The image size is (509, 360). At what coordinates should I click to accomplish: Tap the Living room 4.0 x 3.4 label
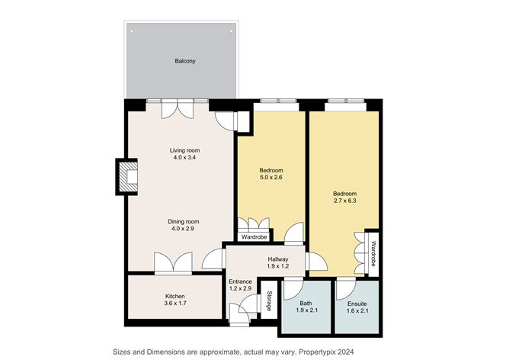(x=184, y=154)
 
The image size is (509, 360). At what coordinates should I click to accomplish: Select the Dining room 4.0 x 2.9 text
(x=184, y=225)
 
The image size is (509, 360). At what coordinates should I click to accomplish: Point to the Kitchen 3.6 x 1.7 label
(x=175, y=300)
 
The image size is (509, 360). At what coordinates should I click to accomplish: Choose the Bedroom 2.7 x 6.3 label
(x=345, y=198)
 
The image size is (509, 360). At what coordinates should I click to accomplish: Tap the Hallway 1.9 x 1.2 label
(x=277, y=263)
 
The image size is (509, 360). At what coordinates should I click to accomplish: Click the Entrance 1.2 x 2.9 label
(x=241, y=285)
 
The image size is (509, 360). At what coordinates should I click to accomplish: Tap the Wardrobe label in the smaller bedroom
(x=254, y=237)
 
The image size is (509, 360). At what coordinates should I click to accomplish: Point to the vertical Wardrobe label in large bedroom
(x=373, y=252)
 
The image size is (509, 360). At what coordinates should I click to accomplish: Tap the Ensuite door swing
(x=345, y=288)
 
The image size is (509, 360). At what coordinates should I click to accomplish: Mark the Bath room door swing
(x=293, y=288)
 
